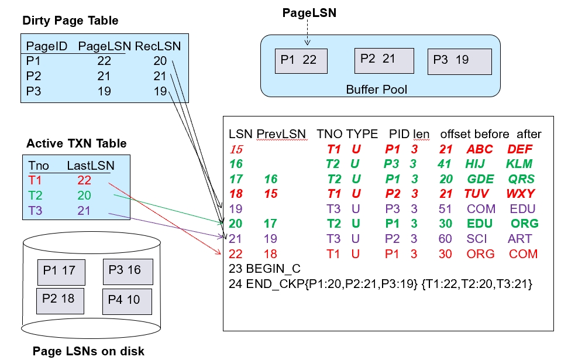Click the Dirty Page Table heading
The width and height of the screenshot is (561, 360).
click(x=70, y=21)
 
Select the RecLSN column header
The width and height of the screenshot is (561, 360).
click(x=158, y=46)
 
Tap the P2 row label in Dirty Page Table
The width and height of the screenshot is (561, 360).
click(x=32, y=76)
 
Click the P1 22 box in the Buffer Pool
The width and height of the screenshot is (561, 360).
click(x=301, y=60)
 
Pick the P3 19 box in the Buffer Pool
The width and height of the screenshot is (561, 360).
click(x=456, y=60)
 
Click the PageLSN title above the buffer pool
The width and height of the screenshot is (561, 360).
click(x=309, y=12)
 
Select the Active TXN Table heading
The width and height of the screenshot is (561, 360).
click(x=77, y=143)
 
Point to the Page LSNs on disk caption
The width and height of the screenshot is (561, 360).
click(x=88, y=351)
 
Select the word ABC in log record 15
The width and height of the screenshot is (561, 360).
click(x=479, y=149)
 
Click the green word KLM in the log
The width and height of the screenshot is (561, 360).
click(x=519, y=164)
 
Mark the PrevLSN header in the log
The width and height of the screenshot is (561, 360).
click(x=281, y=134)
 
